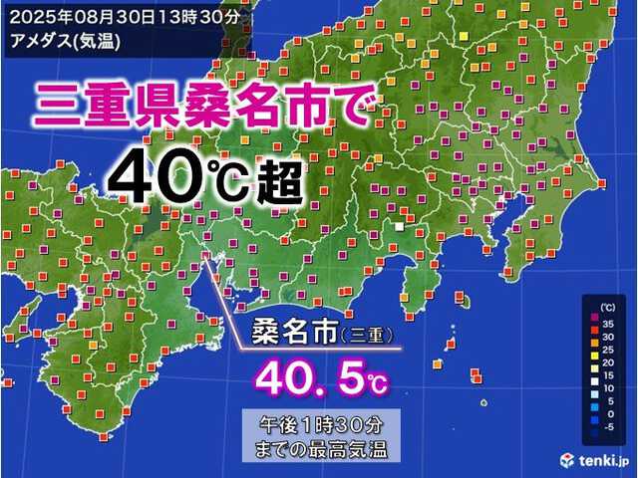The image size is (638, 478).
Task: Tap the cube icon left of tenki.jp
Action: (567, 458)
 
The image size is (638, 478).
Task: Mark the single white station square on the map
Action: (399, 228)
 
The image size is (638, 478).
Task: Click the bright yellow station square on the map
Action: (462, 36)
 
